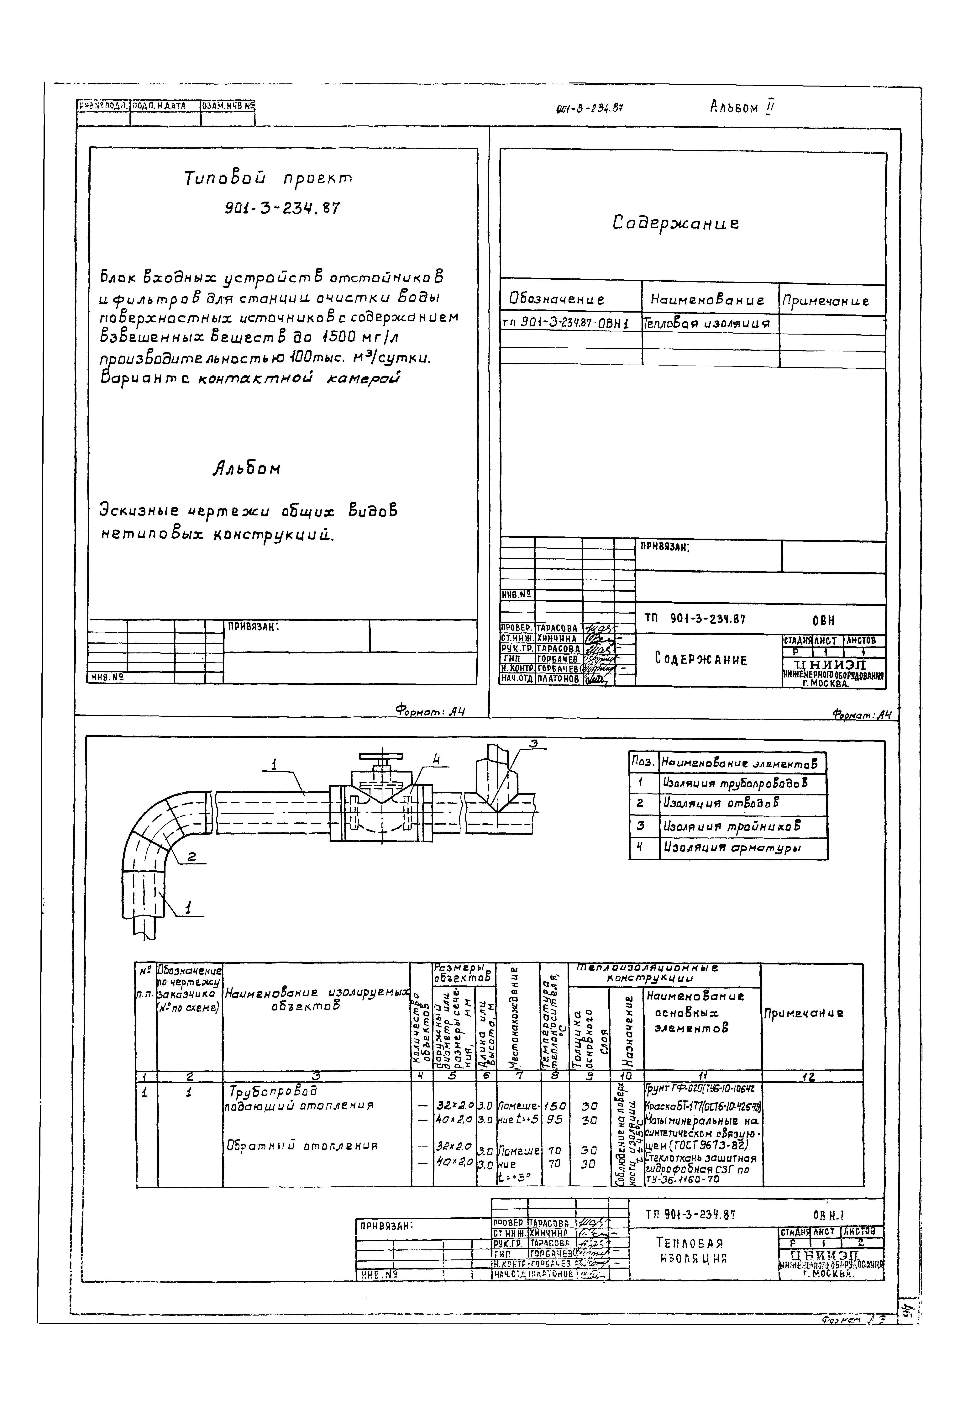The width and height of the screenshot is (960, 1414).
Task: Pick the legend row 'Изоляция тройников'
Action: tap(732, 826)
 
